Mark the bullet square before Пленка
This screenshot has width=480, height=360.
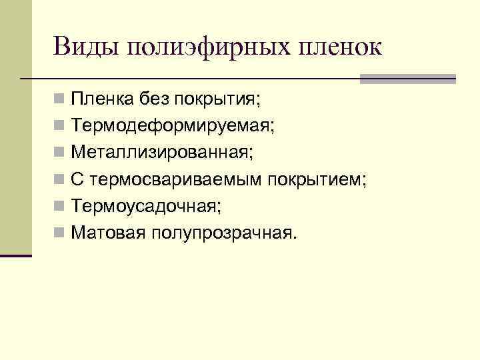(x=60, y=101)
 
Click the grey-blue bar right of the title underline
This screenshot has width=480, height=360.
(x=407, y=79)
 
